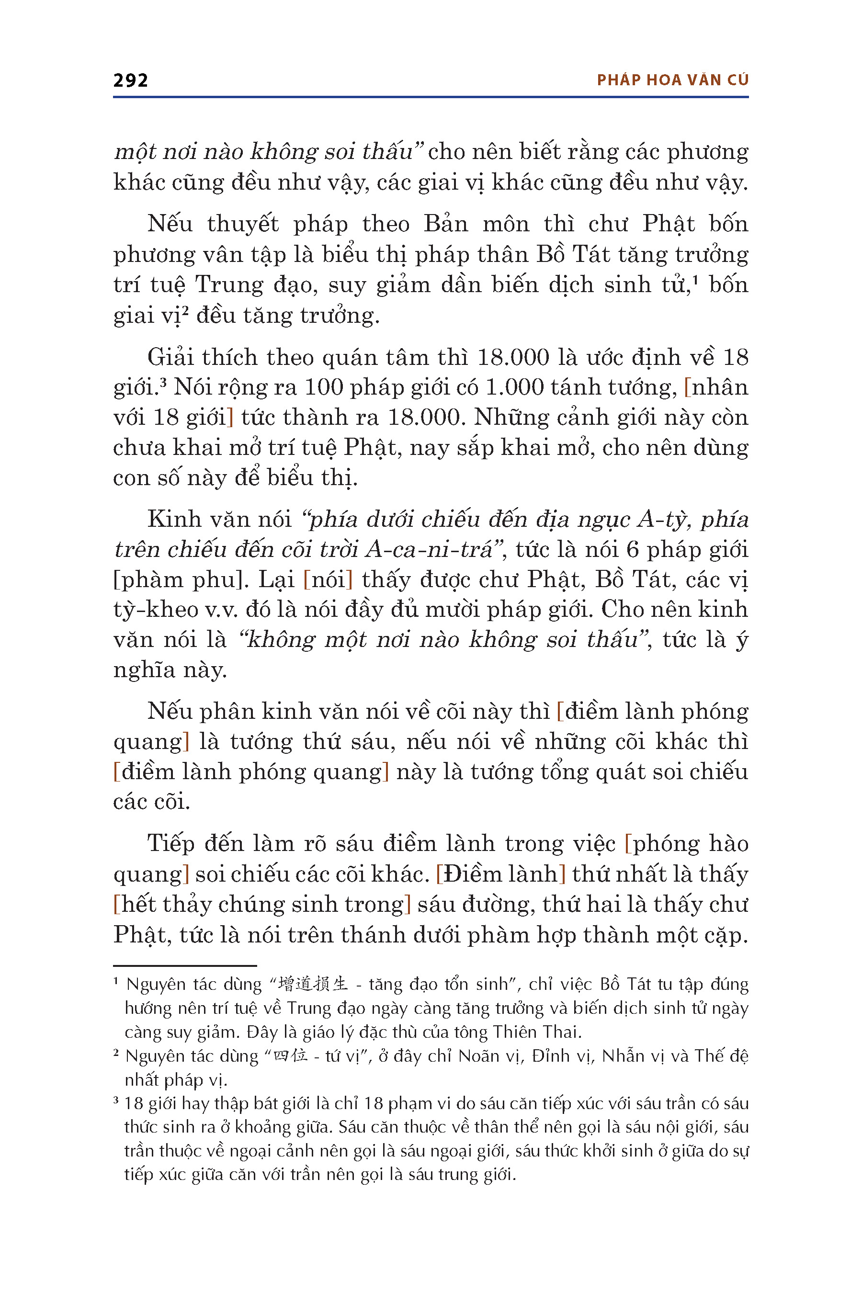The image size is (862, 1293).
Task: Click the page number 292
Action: point(130,81)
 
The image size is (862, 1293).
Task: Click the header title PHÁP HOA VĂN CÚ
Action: point(672,80)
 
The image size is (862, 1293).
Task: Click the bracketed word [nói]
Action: point(328,579)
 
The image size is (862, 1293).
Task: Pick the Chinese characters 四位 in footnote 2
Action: point(290,1055)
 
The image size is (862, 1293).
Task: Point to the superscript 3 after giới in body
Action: point(163,379)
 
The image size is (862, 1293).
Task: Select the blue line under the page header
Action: point(431,97)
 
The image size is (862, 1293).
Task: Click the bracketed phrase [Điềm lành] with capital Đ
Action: point(500,874)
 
